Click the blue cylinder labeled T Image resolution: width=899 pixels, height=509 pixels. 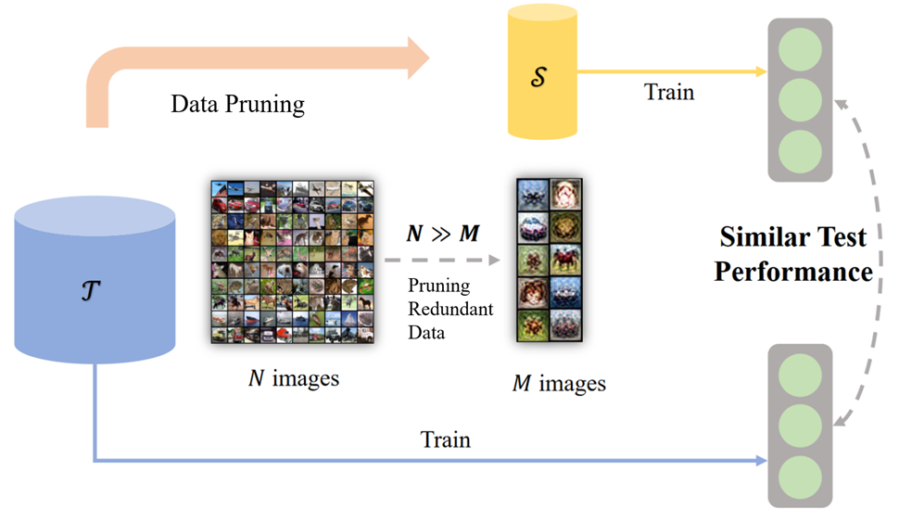pos(95,287)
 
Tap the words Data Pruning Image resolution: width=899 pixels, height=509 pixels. pos(237,104)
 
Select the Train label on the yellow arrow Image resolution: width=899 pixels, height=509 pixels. pos(668,92)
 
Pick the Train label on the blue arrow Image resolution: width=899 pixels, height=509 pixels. pos(445,439)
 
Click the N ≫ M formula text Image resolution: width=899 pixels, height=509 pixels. pos(444,234)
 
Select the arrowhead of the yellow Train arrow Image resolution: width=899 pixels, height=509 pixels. pos(761,72)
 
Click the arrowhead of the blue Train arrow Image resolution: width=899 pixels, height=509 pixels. pos(761,460)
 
